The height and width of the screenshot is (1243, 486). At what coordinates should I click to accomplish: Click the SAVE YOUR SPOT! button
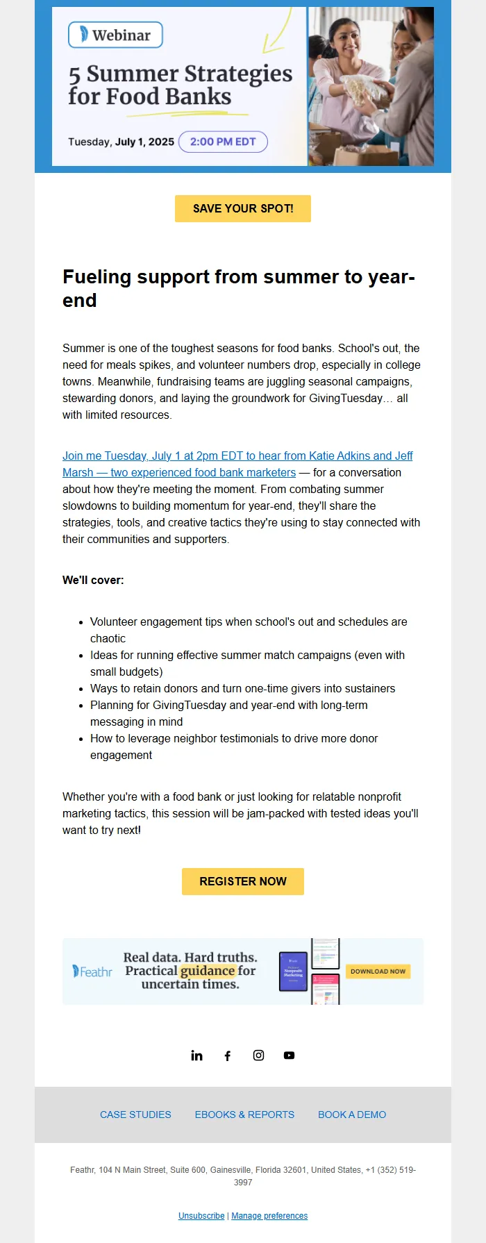click(x=243, y=208)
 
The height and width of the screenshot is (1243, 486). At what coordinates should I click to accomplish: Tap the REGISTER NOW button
click(x=243, y=881)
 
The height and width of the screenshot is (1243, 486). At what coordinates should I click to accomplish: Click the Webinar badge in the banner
click(x=115, y=35)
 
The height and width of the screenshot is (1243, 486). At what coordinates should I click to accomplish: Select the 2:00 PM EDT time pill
click(x=223, y=142)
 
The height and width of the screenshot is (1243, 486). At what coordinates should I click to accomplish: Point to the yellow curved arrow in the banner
click(x=278, y=31)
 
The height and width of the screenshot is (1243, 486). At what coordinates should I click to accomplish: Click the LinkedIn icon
click(x=196, y=1056)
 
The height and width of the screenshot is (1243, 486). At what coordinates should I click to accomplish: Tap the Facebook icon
click(x=227, y=1056)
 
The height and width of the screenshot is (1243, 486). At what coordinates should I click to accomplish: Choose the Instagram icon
click(x=258, y=1056)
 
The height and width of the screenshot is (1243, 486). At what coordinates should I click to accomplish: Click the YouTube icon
click(x=289, y=1056)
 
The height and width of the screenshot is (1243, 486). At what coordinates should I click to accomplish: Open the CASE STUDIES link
click(x=135, y=1115)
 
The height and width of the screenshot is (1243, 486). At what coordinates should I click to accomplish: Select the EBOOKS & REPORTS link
click(x=244, y=1115)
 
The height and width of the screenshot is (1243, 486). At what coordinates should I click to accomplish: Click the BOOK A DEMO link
click(x=352, y=1115)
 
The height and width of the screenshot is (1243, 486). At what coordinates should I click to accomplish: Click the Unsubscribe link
click(x=201, y=1216)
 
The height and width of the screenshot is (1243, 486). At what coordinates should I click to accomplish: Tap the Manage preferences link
click(x=269, y=1216)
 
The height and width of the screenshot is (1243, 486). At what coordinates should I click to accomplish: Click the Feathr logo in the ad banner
click(x=92, y=971)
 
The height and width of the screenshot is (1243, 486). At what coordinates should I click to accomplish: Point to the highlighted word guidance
click(x=208, y=971)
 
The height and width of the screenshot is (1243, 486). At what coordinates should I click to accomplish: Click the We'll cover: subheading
click(x=93, y=580)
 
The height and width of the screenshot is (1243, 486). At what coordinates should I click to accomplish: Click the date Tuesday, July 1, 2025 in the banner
click(x=121, y=142)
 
